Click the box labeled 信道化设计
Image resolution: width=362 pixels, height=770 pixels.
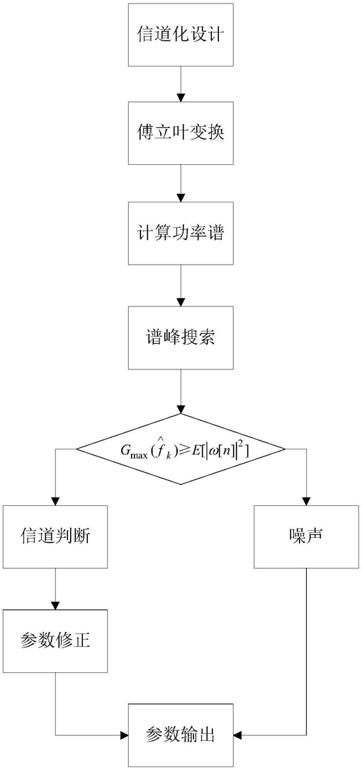tap(181, 35)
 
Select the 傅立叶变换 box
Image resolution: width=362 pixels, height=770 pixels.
tap(181, 133)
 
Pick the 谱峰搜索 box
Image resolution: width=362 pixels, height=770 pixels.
tap(181, 338)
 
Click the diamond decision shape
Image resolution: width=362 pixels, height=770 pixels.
tap(181, 449)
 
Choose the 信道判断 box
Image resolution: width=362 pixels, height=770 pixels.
tap(55, 536)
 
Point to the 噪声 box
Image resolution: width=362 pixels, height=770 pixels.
tap(307, 536)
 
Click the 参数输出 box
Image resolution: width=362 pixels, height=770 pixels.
tap(181, 735)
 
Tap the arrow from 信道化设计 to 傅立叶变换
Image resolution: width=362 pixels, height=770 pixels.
tap(181, 84)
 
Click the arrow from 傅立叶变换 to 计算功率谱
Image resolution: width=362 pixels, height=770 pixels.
tap(181, 182)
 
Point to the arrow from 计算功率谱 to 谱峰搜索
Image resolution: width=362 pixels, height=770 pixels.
tap(181, 285)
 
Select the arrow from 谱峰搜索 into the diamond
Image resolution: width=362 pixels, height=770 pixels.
tap(181, 391)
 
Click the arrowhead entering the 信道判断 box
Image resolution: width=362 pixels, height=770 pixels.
tap(55, 501)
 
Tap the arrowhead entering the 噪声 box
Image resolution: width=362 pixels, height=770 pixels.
tap(307, 501)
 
